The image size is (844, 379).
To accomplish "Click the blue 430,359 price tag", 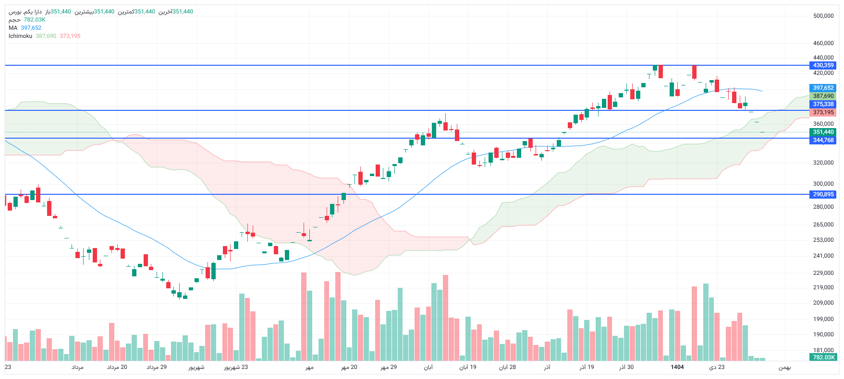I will click(823, 65).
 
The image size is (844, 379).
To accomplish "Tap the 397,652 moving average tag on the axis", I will click(823, 88).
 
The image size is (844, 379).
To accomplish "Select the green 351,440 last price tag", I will click(823, 132).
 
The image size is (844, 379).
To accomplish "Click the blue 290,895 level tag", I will click(823, 194).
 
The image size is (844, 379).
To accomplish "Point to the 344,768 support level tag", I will click(823, 140).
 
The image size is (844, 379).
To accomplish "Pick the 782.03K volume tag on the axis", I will click(823, 357).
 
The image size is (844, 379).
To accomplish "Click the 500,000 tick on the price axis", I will click(823, 16).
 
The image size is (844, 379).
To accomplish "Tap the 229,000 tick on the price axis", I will click(823, 273).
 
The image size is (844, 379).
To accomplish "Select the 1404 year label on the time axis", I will click(677, 367).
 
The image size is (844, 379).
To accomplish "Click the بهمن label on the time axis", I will click(784, 367).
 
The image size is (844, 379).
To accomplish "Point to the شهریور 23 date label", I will click(236, 367).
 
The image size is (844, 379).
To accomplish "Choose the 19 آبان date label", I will click(468, 367).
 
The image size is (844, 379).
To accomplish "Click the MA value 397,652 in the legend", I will click(31, 28).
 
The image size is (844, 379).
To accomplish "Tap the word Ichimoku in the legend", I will click(20, 36).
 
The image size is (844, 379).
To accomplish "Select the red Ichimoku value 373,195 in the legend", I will click(70, 36).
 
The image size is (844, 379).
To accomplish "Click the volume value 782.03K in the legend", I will click(35, 20).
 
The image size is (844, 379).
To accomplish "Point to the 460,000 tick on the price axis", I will click(823, 43).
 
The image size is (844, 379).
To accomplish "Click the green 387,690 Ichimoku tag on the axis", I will click(823, 96).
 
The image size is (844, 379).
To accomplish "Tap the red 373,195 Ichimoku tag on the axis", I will click(823, 112).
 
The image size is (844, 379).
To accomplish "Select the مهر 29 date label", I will click(389, 367).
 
